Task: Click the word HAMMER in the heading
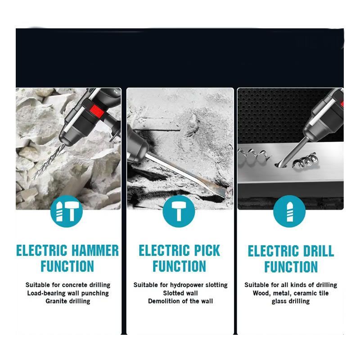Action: coord(95,250)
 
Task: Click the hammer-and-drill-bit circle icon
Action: coord(66,211)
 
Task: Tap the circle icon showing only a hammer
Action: coord(179,211)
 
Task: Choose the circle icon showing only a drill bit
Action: coord(289,211)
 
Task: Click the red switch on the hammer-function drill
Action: coord(97,111)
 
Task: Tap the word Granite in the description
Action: coord(55,301)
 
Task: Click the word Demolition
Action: coord(162,301)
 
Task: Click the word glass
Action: coord(279,301)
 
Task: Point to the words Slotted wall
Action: coord(180,293)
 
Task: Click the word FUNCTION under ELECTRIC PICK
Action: coord(179,266)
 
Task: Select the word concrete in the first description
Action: coord(75,285)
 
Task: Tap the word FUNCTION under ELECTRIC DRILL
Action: coord(291,267)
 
